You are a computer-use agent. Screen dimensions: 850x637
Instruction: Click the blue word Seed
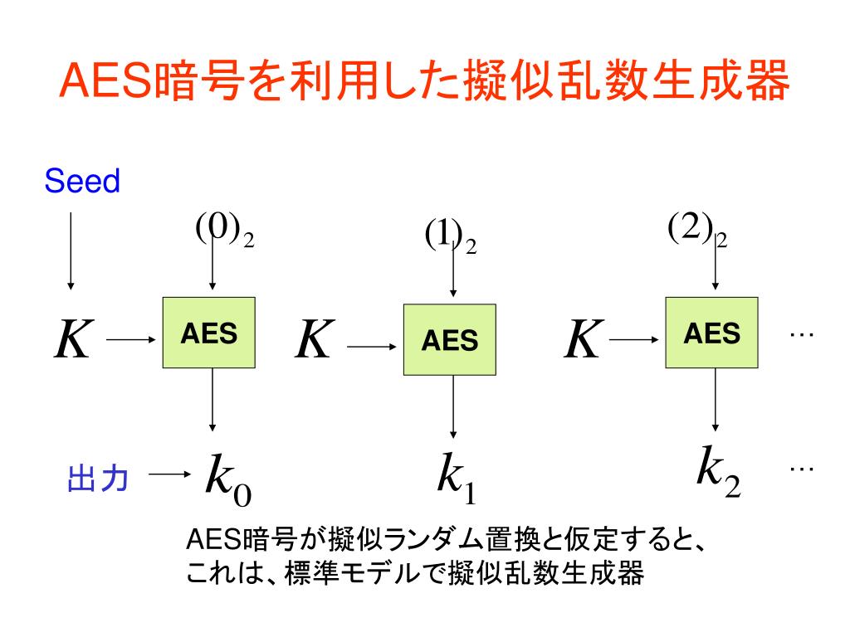82,181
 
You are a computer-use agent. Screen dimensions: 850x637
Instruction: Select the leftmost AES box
209,332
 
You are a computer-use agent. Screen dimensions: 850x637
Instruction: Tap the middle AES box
450,339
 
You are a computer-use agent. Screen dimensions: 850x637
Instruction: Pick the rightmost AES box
711,332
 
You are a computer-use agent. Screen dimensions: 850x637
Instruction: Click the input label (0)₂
224,230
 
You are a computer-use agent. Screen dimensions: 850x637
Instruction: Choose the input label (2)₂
697,230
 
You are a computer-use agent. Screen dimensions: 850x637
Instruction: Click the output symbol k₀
227,479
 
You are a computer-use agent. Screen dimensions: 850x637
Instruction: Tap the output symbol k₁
456,479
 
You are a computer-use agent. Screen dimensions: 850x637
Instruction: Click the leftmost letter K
72,339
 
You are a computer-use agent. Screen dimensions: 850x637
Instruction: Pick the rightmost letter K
583,339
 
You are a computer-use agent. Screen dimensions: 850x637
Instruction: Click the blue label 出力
97,479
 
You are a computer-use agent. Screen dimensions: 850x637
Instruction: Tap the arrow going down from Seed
71,249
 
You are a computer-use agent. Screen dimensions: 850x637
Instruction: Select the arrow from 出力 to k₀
170,475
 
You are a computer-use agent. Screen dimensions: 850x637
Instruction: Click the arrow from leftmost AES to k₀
213,400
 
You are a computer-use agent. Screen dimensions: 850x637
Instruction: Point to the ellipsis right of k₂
801,469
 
